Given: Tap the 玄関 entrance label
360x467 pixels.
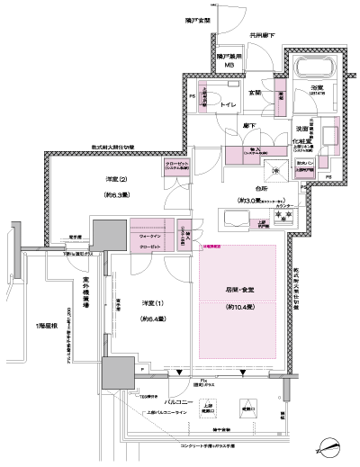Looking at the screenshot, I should pos(256,92).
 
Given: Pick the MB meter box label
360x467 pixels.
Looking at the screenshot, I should pos(229,65).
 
